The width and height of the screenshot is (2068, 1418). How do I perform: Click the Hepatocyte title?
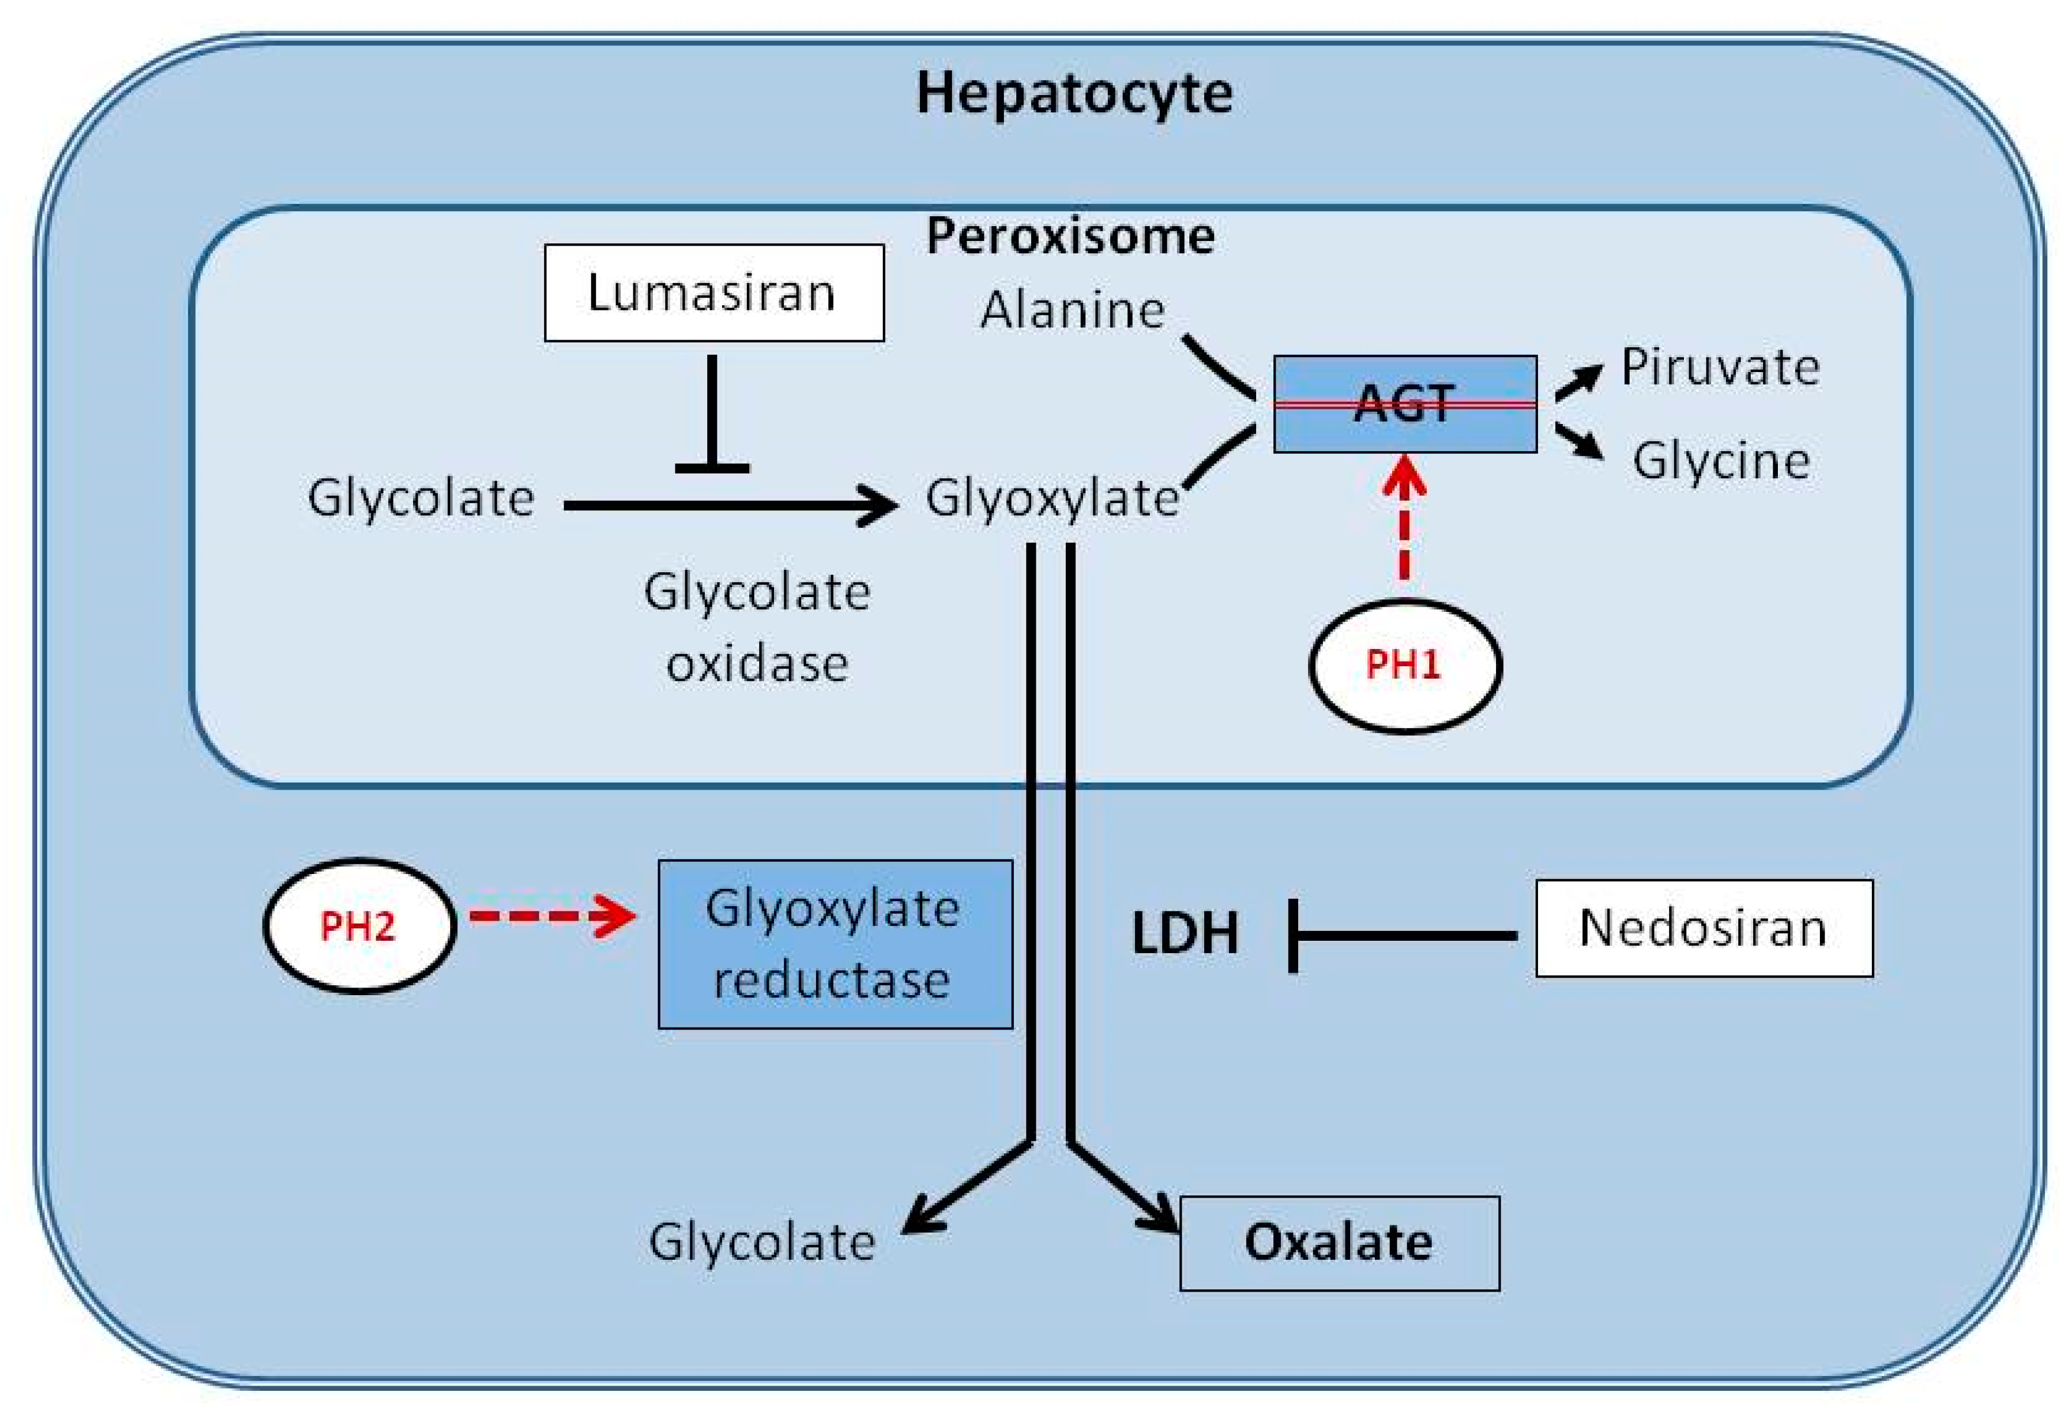(x=1074, y=93)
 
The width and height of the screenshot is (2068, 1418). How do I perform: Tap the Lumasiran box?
(x=714, y=293)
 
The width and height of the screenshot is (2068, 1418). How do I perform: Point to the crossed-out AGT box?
(x=1405, y=405)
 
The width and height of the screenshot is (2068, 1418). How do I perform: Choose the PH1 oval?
(x=1405, y=666)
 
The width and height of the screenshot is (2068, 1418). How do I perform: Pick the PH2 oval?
(x=359, y=926)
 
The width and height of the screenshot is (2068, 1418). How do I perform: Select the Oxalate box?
(x=1339, y=1243)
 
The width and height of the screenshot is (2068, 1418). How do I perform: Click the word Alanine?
(x=1072, y=311)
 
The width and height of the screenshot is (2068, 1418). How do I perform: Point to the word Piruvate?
(x=1719, y=367)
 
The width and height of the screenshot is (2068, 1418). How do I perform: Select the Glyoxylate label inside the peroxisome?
(x=1052, y=498)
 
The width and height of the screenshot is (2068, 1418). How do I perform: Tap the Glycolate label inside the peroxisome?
(x=421, y=498)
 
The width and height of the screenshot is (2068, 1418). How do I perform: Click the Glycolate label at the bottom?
(x=762, y=1243)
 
